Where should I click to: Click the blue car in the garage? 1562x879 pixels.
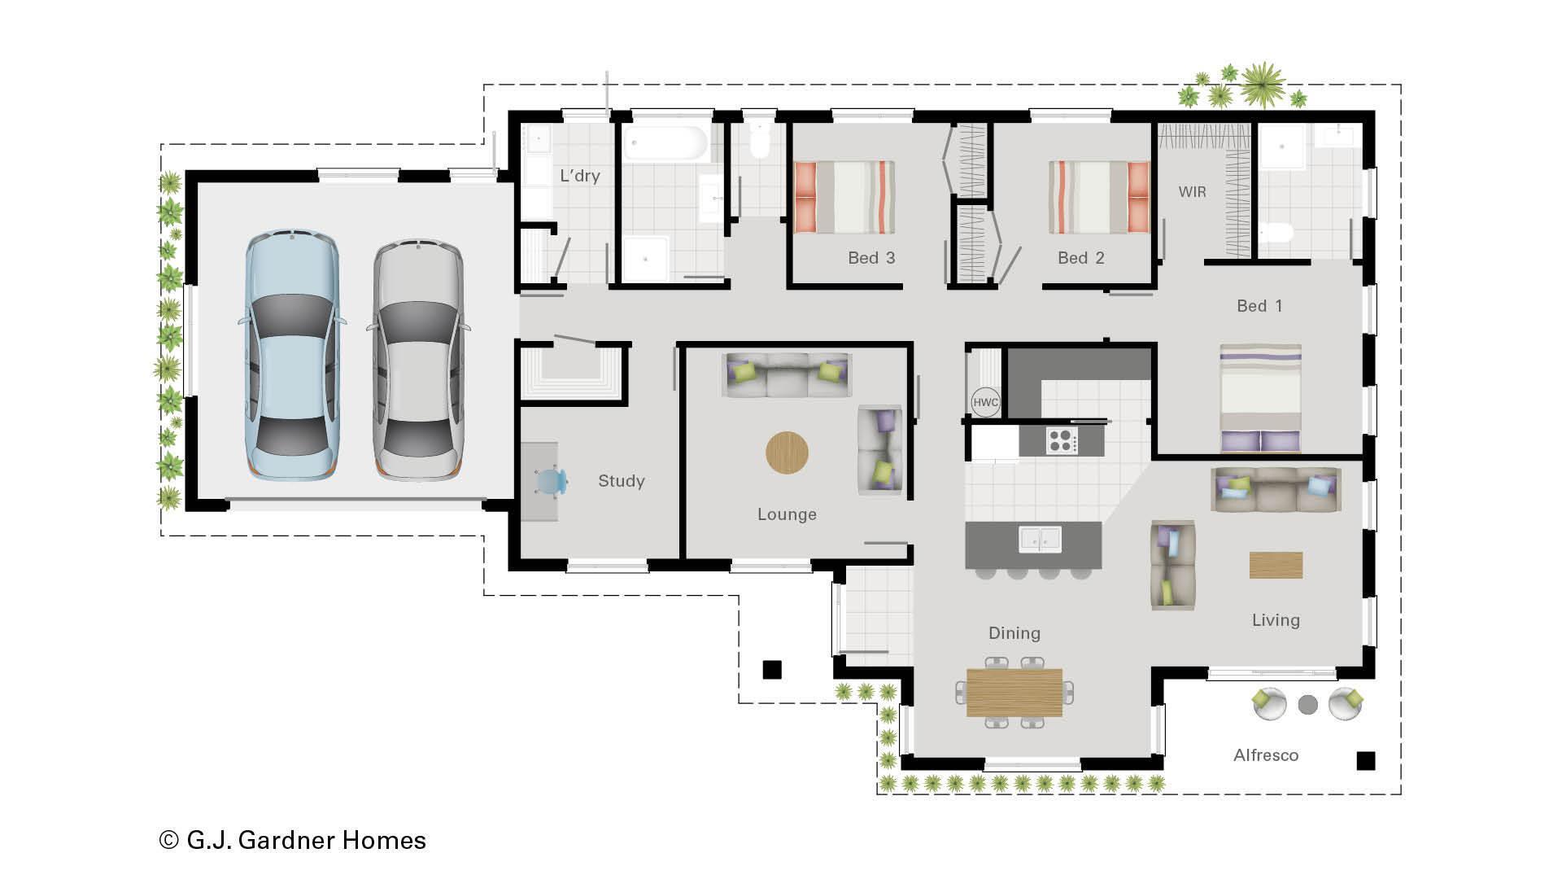(x=292, y=356)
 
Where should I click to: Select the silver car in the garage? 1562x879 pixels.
(x=418, y=360)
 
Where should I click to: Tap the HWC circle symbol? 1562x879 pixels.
(x=985, y=402)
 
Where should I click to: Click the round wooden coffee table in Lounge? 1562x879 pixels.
(x=787, y=453)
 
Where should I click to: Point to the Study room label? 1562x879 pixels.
(x=621, y=481)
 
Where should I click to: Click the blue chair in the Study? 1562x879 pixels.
(x=552, y=481)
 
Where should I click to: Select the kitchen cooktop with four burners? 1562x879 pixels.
(x=1061, y=441)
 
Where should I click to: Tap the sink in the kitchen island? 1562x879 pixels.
(x=1040, y=539)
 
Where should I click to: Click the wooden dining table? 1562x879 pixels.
(x=1014, y=692)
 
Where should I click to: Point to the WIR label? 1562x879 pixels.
(x=1192, y=192)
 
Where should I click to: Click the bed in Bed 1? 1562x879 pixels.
(x=1260, y=398)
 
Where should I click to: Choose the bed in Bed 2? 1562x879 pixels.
(x=1098, y=197)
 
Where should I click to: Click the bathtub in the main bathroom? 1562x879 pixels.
(x=665, y=142)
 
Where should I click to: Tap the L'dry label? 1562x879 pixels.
(x=579, y=176)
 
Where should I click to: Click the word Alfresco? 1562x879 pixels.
(x=1265, y=755)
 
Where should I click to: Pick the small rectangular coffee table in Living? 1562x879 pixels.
(x=1276, y=565)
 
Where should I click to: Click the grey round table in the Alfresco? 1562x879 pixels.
(x=1307, y=705)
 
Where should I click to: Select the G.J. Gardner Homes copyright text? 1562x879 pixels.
(x=293, y=840)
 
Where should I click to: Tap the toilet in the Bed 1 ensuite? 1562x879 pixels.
(x=1276, y=234)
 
